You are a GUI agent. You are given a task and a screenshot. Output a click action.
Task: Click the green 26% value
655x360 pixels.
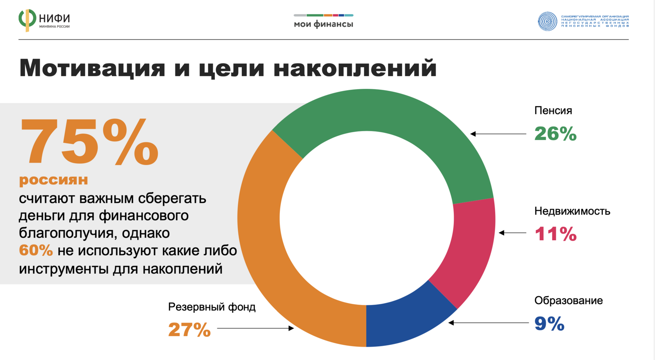pos(555,134)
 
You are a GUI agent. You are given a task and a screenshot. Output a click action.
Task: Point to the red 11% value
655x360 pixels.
pos(555,234)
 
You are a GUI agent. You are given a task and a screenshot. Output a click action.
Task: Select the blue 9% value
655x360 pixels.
pos(549,324)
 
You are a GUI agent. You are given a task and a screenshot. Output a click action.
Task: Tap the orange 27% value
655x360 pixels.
pos(189,330)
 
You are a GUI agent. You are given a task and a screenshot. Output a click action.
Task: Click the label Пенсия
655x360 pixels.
pos(553,111)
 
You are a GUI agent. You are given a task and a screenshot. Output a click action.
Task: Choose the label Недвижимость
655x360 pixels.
pos(572,211)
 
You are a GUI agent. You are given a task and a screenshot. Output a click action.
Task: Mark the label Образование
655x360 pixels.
pos(568,301)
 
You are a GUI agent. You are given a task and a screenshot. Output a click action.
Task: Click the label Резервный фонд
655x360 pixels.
pos(212,307)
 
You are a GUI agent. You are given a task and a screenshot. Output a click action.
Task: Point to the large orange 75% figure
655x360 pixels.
pos(89,142)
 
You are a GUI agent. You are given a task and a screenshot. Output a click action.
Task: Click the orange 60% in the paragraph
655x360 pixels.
pos(35,250)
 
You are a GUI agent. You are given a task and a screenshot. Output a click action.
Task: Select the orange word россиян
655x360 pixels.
pos(53,180)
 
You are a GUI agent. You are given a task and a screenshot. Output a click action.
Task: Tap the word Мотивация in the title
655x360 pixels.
pos(92,68)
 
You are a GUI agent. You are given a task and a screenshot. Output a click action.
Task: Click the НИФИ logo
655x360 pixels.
pos(44,20)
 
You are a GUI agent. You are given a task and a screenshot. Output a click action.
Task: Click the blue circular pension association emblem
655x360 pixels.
pos(547,21)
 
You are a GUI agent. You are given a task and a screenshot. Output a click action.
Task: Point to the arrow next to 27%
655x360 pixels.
pos(255,328)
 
